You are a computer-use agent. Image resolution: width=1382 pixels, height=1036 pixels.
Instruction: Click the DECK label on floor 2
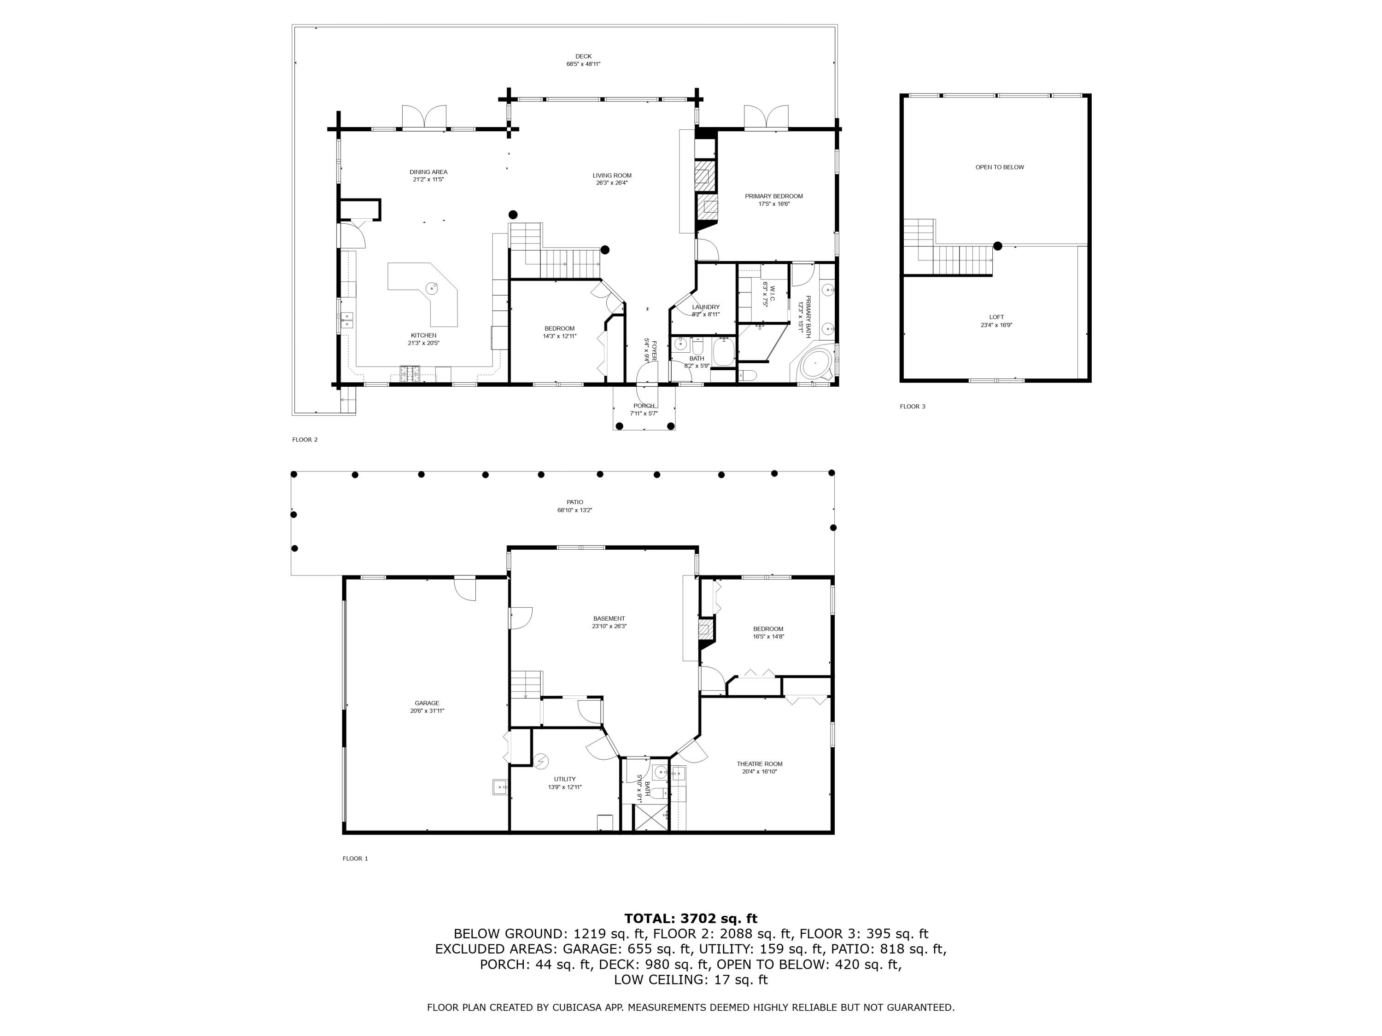pyautogui.click(x=583, y=56)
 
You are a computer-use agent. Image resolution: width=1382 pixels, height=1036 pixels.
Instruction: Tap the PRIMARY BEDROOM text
pyautogui.click(x=773, y=196)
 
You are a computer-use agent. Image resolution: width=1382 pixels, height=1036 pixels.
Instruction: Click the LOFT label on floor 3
pyautogui.click(x=996, y=317)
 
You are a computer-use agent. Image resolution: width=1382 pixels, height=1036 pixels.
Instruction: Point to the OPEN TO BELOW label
pyautogui.click(x=999, y=167)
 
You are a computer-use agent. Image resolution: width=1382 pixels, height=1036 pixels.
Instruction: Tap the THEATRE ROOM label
pyautogui.click(x=759, y=764)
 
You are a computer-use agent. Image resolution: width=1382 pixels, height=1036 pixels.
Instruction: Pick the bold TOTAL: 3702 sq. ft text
pyautogui.click(x=691, y=918)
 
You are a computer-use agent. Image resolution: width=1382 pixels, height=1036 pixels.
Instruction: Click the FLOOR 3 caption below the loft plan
pyautogui.click(x=912, y=407)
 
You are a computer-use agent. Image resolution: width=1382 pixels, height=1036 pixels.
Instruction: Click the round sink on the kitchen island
pyautogui.click(x=432, y=288)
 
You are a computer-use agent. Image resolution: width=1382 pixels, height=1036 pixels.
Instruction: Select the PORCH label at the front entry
pyautogui.click(x=644, y=406)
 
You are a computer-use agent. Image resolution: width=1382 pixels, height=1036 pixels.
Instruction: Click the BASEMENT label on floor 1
pyautogui.click(x=609, y=618)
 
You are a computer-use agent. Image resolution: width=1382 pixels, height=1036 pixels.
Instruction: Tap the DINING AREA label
pyautogui.click(x=428, y=172)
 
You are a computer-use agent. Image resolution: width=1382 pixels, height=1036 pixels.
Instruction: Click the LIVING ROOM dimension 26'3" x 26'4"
pyautogui.click(x=612, y=183)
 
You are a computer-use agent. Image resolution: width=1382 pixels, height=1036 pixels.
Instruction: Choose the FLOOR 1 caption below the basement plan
pyautogui.click(x=355, y=859)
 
